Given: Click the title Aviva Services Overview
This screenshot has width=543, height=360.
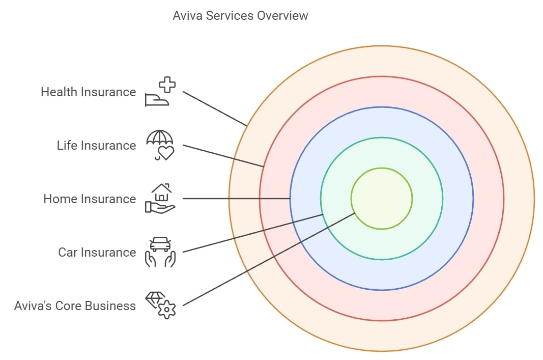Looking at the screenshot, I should [240, 16].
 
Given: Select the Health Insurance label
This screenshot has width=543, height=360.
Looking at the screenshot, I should [88, 92].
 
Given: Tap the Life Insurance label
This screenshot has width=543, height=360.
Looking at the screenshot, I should [96, 146].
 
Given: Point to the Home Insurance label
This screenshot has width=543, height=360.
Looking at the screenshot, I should [90, 199].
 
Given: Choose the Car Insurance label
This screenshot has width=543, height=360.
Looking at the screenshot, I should [97, 253].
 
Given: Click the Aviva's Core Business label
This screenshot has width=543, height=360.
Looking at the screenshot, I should [75, 306].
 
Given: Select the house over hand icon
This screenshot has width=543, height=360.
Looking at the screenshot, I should [160, 199].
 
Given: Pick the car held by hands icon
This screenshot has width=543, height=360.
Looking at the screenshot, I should [160, 252].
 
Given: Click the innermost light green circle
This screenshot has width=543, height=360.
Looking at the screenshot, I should [382, 199].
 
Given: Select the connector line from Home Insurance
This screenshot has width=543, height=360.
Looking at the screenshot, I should [236, 199].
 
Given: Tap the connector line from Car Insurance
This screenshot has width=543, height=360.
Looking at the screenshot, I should [252, 233].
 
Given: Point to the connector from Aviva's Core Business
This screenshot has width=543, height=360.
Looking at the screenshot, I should [269, 260].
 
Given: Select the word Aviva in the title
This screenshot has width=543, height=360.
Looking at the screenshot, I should [187, 16].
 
